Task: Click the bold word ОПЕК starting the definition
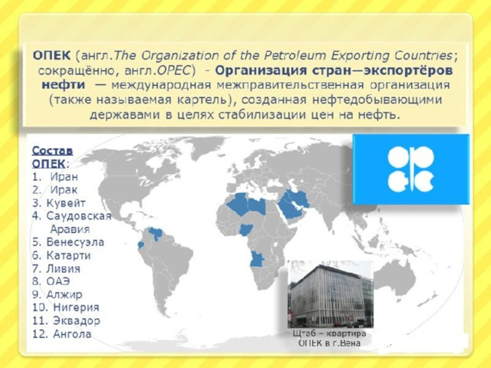[51, 56]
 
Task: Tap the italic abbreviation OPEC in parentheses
[173, 71]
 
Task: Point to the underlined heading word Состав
[53, 151]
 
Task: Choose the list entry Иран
[64, 177]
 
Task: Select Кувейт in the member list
[66, 203]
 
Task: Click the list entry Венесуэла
[75, 242]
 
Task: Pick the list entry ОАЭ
[58, 281]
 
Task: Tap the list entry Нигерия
[77, 307]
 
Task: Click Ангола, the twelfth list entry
[72, 334]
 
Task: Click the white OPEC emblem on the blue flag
[410, 169]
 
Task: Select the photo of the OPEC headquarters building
[331, 294]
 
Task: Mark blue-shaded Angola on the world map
[257, 259]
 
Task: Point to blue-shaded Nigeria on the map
[245, 230]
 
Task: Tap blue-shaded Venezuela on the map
[156, 233]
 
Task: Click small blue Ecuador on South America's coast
[141, 245]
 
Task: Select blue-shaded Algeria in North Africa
[239, 204]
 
